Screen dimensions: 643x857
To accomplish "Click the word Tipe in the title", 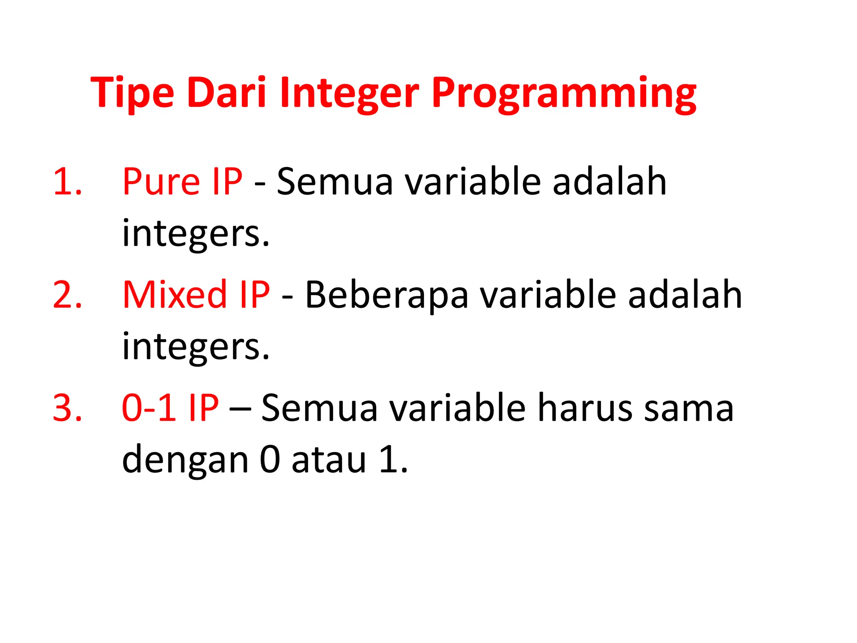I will (x=132, y=93).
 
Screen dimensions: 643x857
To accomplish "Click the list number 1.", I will (x=67, y=182).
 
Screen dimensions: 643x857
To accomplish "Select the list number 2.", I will (x=67, y=295).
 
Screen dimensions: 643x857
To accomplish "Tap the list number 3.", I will (x=67, y=408).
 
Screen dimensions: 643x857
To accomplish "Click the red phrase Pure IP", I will (x=182, y=182).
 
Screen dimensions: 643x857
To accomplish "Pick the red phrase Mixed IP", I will (x=196, y=295).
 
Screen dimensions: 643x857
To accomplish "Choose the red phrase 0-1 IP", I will (x=170, y=408).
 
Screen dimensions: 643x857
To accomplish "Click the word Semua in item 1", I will (x=335, y=182).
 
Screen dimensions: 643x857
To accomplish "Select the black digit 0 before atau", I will (x=270, y=460).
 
